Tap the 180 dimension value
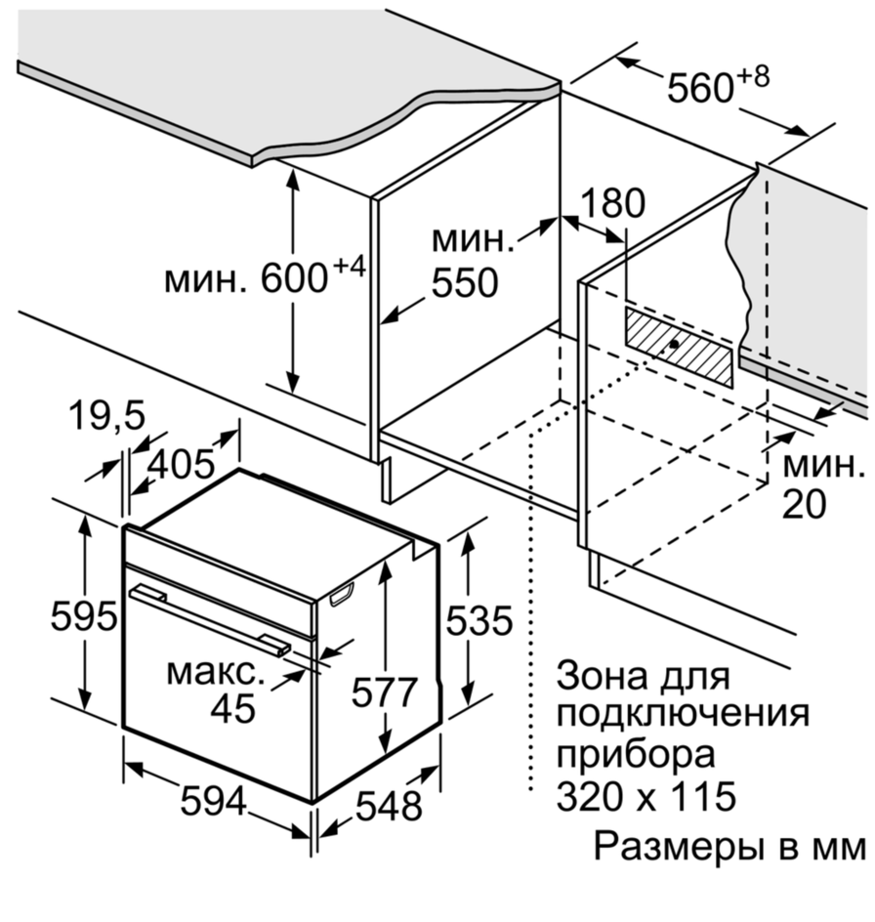613,204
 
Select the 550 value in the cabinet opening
465,282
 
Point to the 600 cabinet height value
293,280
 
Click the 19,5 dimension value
106,417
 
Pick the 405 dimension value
181,464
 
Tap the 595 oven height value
84,616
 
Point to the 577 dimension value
384,692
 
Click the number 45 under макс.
232,708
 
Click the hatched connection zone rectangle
678,345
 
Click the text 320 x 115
646,797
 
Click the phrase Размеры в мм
729,846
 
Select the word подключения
683,714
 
